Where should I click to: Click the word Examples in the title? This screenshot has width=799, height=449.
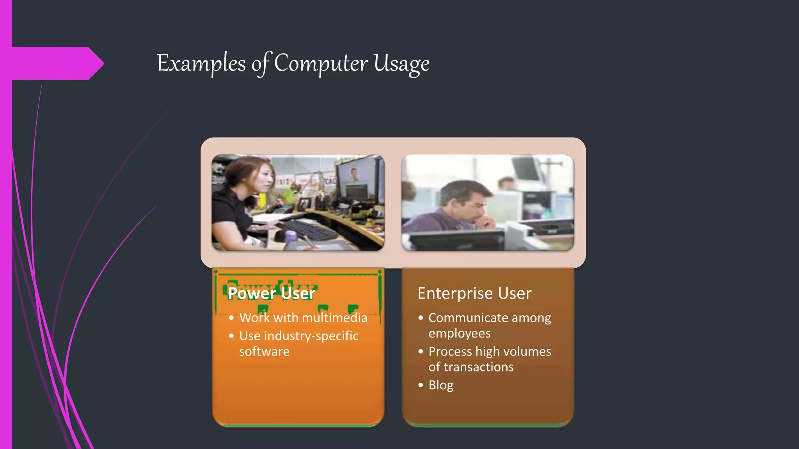pyautogui.click(x=201, y=63)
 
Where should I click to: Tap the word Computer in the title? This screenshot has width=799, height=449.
pyautogui.click(x=321, y=63)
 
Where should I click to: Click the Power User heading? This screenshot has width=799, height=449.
pyautogui.click(x=271, y=293)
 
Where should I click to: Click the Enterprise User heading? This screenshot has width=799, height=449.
pyautogui.click(x=474, y=293)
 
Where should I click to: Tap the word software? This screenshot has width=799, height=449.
pyautogui.click(x=264, y=352)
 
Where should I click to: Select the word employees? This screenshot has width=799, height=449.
pyautogui.click(x=459, y=334)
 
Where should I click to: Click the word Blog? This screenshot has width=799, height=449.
pyautogui.click(x=441, y=385)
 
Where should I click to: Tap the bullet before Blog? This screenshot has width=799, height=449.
pyautogui.click(x=421, y=385)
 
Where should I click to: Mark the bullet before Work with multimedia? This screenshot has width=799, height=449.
pyautogui.click(x=231, y=318)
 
